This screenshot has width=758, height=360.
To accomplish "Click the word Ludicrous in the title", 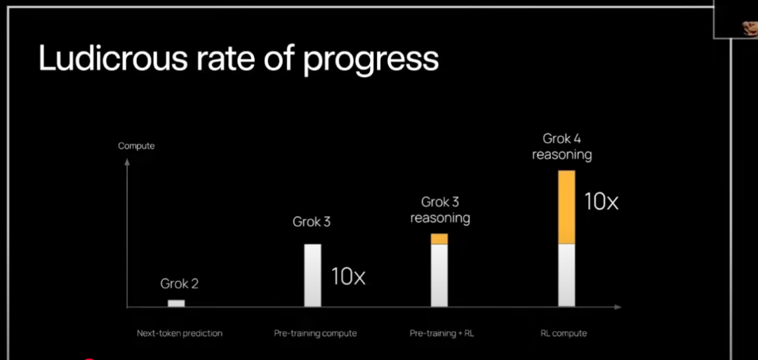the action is coord(113,58).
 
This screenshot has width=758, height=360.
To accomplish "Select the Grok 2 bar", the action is coord(176,303).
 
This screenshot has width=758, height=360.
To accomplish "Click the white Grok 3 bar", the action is coord(312,275).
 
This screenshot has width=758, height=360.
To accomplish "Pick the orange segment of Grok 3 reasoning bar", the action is coord(439,239).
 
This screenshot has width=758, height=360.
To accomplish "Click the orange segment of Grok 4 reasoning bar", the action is coord(566,207).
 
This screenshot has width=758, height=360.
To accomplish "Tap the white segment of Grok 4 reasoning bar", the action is coord(566,275).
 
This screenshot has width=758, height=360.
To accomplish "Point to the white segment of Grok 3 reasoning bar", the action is coord(439,275).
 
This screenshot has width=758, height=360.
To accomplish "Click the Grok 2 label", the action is coord(180,284).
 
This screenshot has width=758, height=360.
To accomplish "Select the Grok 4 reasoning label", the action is coord(561,147).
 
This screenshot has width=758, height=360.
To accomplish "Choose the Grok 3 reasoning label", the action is coord(440,210).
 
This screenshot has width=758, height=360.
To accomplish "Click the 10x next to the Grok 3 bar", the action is coord(348,276).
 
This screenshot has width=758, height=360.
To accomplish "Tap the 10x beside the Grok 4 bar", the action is coord(601,201).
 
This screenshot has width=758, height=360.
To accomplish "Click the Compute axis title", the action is coord(136,146).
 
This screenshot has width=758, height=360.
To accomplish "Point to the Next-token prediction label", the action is coord(180,333).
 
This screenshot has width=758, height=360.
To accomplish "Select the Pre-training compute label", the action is coord(315,333).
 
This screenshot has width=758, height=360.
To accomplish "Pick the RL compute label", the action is coord(564,333).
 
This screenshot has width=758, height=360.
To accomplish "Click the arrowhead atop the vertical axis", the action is coord(127,161).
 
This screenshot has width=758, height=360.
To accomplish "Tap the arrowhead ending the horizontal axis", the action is coord(618,307).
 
